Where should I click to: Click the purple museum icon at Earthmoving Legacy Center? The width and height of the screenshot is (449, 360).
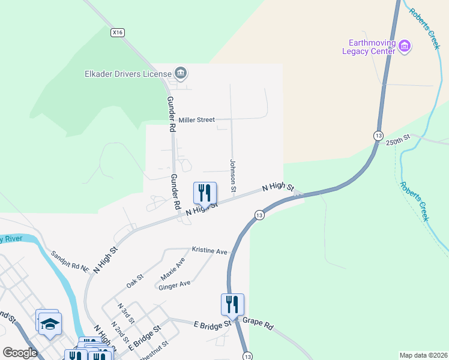405,46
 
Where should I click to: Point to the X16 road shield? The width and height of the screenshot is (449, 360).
117,33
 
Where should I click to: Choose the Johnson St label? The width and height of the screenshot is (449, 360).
233,172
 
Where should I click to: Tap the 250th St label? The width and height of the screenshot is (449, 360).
397,142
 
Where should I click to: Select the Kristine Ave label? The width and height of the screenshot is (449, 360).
209,249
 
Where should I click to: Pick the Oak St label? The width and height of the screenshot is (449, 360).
135,280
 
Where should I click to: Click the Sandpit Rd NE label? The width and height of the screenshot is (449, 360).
70,261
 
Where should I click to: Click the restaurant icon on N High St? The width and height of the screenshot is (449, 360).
204,193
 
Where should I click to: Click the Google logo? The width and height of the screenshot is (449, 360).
20,353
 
